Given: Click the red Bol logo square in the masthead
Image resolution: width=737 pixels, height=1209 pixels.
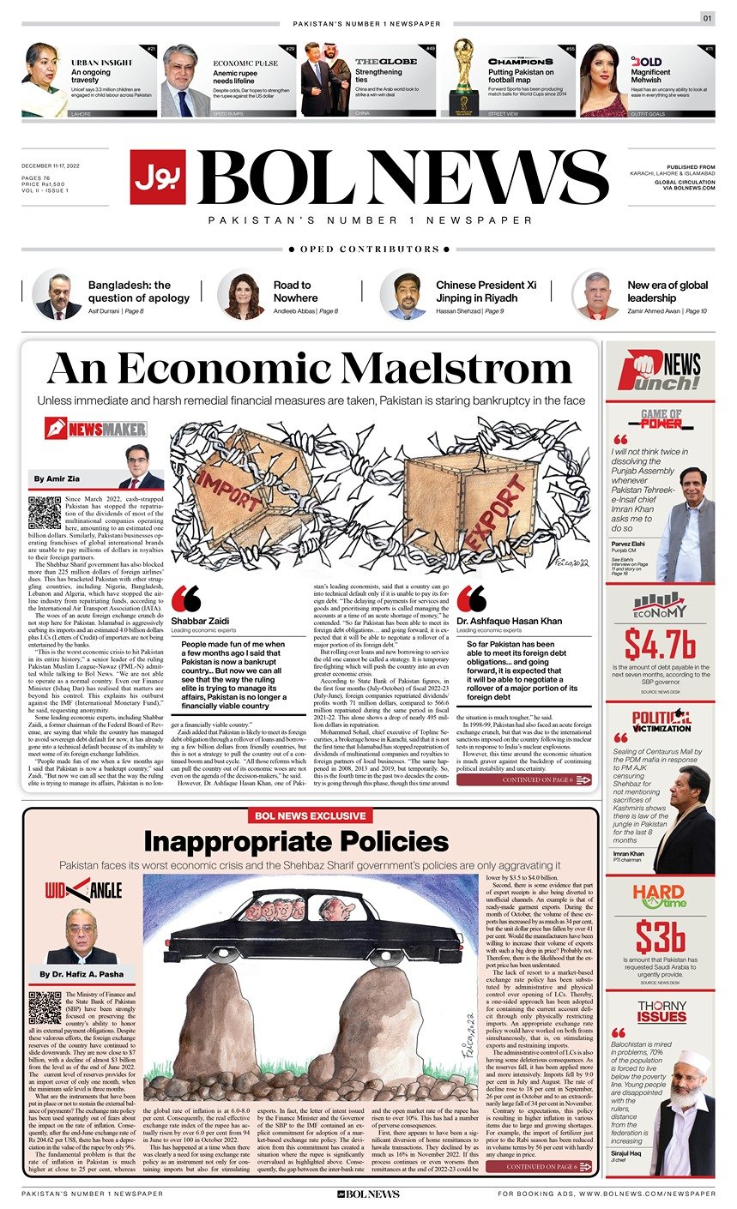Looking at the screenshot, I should tap(158, 177).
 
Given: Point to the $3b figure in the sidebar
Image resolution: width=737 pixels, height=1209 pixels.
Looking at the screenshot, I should tap(660, 936).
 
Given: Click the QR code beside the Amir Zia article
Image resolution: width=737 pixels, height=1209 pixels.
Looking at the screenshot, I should tap(45, 512).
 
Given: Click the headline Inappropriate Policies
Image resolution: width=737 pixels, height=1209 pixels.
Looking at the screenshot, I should tap(296, 840).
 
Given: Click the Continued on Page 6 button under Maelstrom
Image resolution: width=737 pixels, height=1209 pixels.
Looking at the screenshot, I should tap(524, 779).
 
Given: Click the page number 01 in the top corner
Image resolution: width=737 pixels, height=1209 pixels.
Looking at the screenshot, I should tap(707, 18).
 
